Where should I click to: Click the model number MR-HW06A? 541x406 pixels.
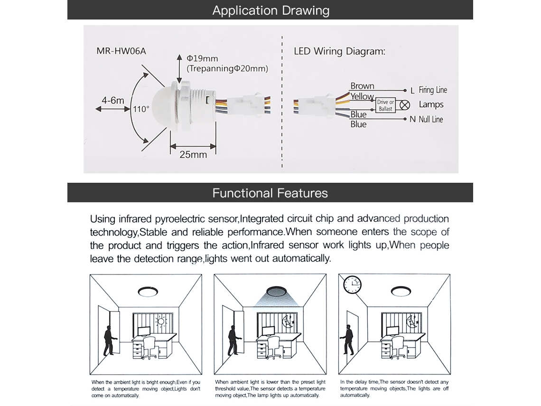121,51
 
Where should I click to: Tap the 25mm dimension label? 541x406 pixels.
193,154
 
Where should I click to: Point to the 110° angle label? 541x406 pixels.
141,109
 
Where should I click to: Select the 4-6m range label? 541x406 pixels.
113,101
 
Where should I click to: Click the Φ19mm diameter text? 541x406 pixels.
202,58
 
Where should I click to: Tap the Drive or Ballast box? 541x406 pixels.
385,105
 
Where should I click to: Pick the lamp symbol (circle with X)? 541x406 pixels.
405,105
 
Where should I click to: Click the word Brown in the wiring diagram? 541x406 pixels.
362,85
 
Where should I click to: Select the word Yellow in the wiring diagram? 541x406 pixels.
362,96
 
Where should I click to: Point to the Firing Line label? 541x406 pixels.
433,90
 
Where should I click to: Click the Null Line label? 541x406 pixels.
431,120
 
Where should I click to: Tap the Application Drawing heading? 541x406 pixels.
271,10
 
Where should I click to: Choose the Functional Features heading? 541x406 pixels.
270,193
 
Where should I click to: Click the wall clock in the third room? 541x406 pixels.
352,285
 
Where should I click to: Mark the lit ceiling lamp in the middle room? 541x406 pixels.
277,291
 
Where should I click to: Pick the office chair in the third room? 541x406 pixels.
397,348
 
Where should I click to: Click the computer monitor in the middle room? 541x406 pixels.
269,331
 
